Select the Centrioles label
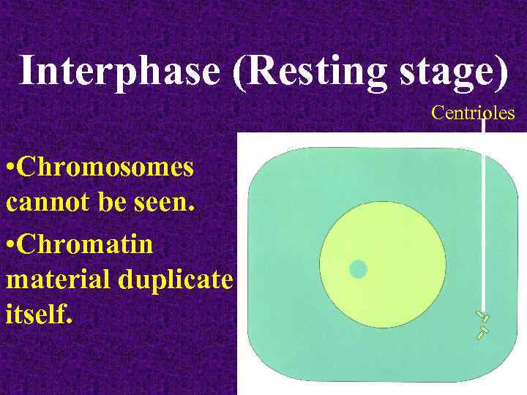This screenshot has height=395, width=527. point(473,113)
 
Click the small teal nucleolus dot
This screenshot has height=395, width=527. point(358,269)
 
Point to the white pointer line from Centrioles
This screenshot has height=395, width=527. point(483,219)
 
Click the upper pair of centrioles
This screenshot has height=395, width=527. point(482,316)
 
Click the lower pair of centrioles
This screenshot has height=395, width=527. point(482,333)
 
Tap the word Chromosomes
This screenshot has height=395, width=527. point(106,168)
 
